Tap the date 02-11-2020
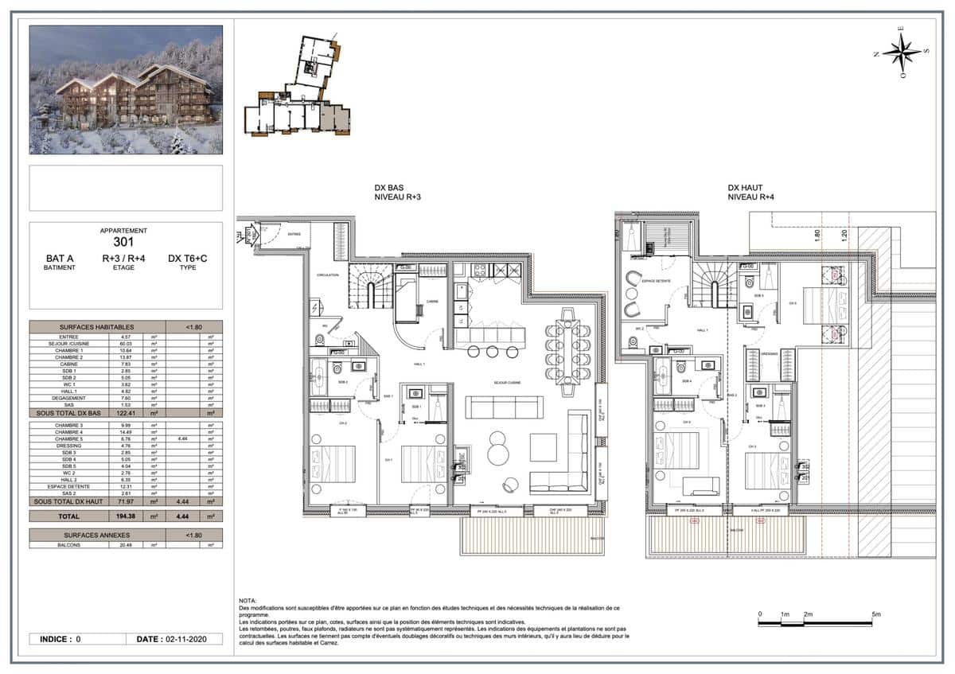click(x=185, y=639)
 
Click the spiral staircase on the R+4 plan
click(x=713, y=285)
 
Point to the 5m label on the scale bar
click(x=875, y=614)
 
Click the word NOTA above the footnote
click(x=247, y=600)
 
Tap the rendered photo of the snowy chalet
click(x=126, y=90)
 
